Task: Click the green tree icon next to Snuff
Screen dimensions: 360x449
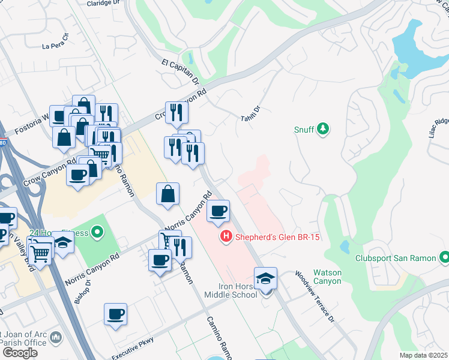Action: coord(323,128)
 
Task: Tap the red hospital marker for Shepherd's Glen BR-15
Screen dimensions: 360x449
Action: coord(226,237)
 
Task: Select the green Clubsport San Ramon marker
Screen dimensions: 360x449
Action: coord(444,258)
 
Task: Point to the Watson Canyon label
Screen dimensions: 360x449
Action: coord(327,277)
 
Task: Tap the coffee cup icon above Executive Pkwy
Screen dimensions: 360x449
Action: coord(115,313)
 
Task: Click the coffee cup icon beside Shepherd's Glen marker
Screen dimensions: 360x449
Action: coord(218,211)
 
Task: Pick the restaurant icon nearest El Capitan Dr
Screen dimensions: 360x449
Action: coord(176,111)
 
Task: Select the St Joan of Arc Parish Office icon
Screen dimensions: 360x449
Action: coord(56,338)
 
